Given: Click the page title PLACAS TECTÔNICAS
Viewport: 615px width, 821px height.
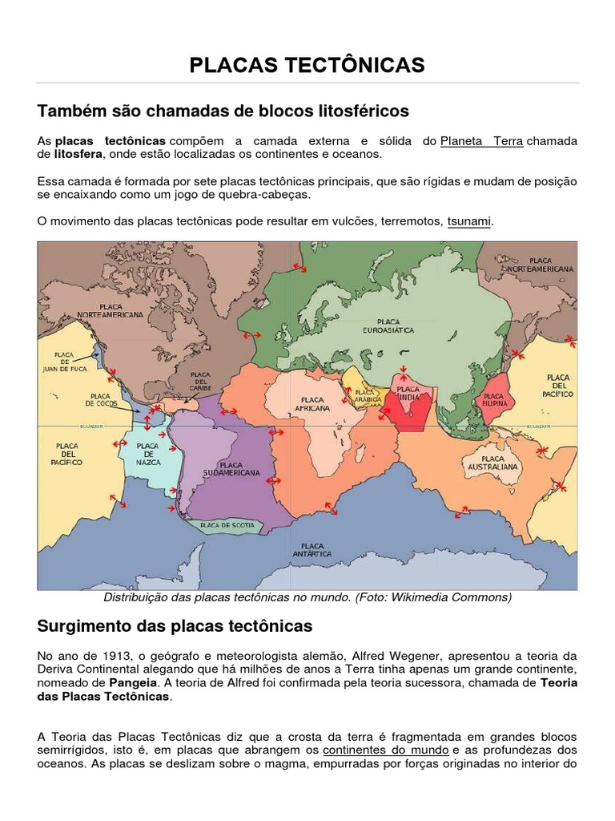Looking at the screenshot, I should point(307,65).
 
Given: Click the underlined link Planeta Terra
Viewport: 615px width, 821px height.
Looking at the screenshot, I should point(481,141).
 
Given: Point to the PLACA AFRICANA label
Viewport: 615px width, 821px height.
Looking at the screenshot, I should point(312,403).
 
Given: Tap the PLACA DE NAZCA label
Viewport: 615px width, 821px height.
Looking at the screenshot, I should point(148,455).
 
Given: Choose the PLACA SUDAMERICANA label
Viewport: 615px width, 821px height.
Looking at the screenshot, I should point(231,469).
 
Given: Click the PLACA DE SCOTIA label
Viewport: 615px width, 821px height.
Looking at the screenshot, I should point(228,525).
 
